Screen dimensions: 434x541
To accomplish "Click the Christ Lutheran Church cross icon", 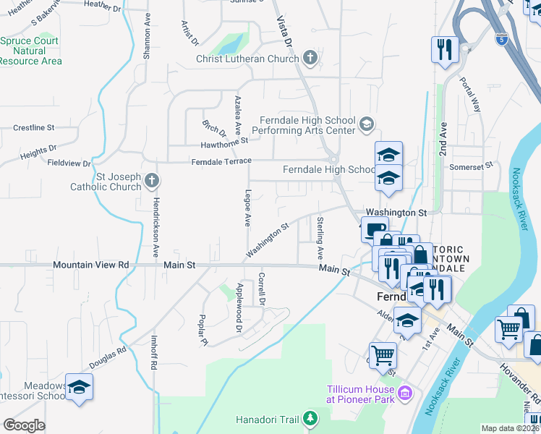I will pyautogui.click(x=310, y=58).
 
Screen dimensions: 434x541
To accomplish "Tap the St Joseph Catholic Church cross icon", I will pyautogui.click(x=151, y=179).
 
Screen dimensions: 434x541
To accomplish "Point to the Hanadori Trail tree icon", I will pyautogui.click(x=310, y=419).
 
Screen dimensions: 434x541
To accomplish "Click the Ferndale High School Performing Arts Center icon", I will pyautogui.click(x=367, y=125).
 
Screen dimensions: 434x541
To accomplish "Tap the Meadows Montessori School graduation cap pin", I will pyautogui.click(x=79, y=386).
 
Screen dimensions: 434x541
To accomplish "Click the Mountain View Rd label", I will pyautogui.click(x=90, y=265).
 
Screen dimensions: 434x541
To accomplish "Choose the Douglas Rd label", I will pyautogui.click(x=108, y=358).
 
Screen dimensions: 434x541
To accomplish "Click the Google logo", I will pyautogui.click(x=24, y=425).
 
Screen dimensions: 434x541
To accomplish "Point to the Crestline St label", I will pyautogui.click(x=34, y=127).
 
